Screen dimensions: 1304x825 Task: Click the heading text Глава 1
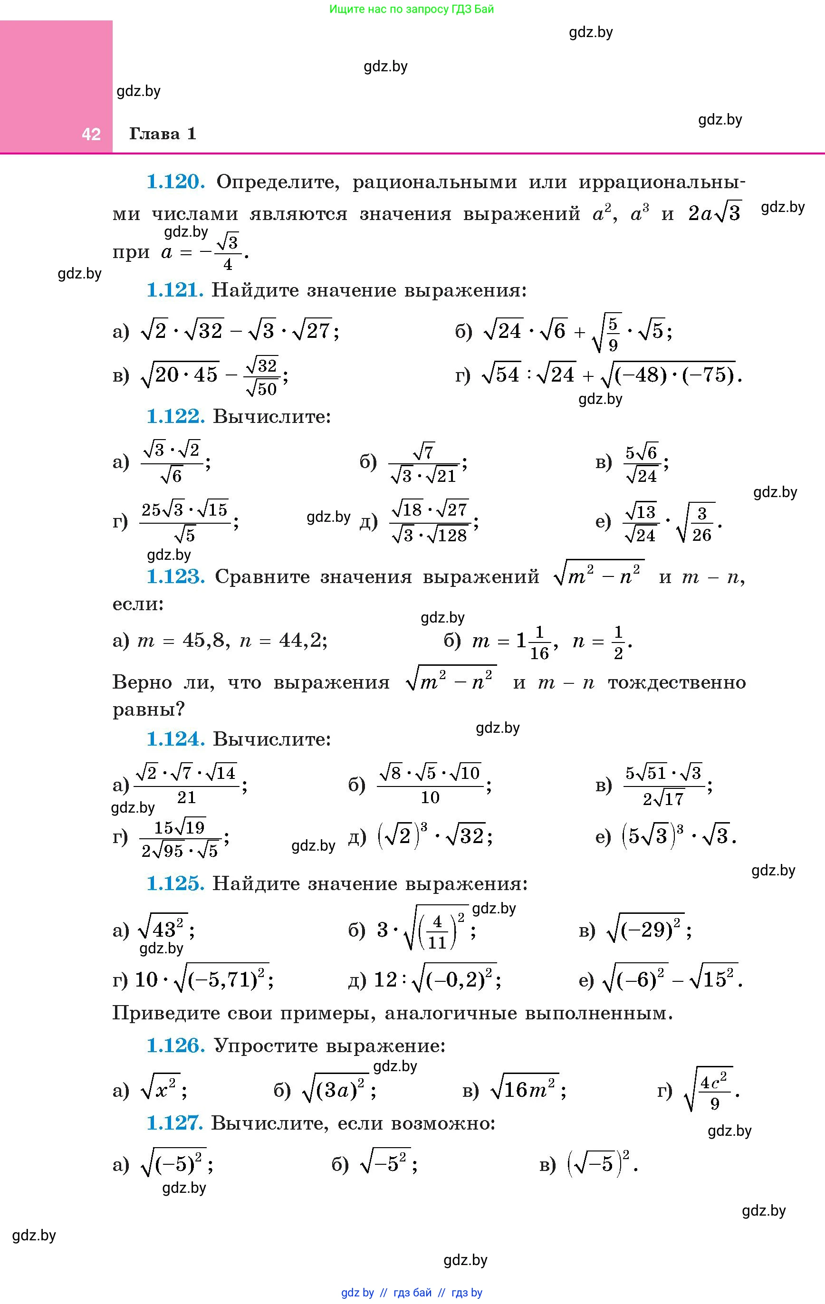click(163, 134)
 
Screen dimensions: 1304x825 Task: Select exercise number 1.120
click(175, 182)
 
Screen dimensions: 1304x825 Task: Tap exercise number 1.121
click(175, 290)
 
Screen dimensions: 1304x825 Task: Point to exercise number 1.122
click(175, 416)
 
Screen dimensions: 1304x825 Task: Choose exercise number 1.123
click(175, 577)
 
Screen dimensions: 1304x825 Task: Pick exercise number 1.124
click(175, 739)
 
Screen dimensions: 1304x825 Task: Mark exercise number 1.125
click(175, 884)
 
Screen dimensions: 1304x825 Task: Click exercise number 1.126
click(175, 1045)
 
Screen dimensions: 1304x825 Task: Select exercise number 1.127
click(174, 1123)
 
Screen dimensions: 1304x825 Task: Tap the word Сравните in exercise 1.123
click(261, 577)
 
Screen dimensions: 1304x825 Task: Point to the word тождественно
click(677, 683)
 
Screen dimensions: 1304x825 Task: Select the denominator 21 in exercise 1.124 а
click(186, 797)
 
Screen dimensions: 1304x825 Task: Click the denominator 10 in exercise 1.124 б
click(430, 797)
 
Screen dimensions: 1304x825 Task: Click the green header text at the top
click(412, 9)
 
